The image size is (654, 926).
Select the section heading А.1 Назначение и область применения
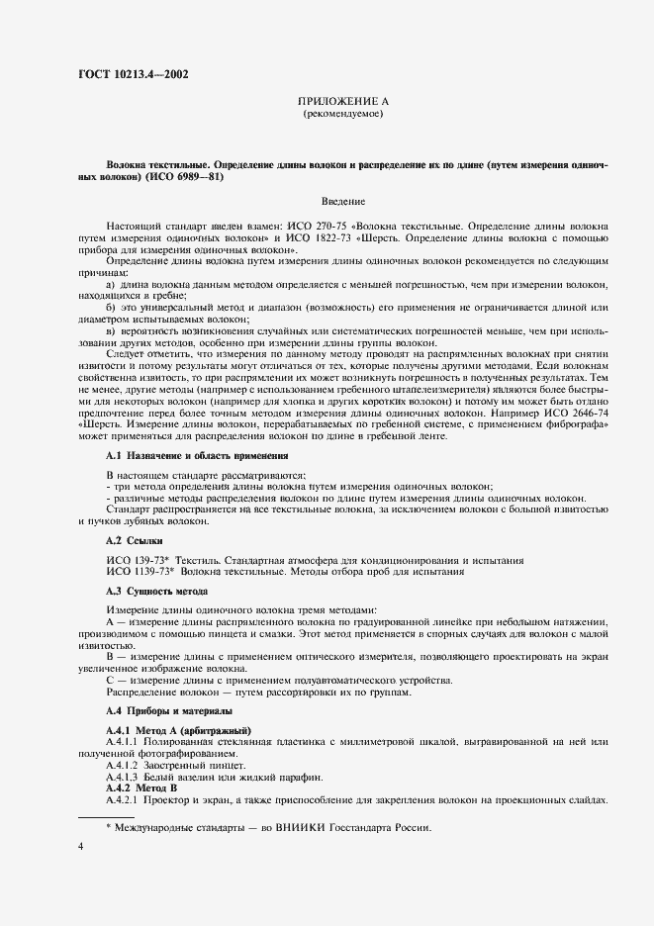coord(197,456)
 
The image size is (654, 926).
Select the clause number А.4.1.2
coord(124,762)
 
